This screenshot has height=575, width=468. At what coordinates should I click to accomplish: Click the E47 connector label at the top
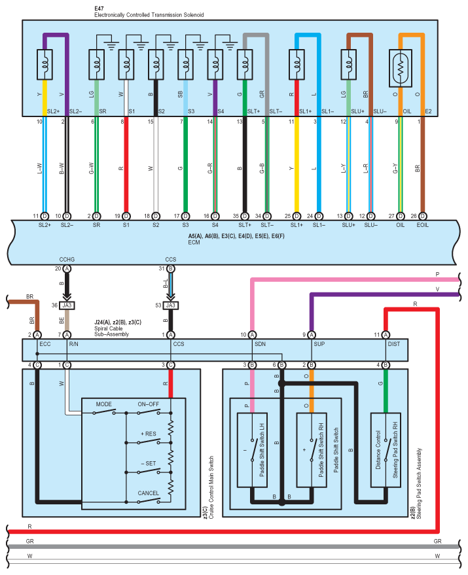click(x=99, y=8)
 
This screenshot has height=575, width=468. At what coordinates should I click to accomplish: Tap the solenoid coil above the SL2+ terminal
click(x=45, y=65)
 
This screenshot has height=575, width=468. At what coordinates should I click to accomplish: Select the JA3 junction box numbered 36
click(x=67, y=305)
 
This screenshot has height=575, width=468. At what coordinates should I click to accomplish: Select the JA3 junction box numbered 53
click(x=171, y=305)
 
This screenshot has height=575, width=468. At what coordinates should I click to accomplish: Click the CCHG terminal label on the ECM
click(x=67, y=259)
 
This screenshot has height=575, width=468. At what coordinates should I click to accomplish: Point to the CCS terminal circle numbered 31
click(x=171, y=268)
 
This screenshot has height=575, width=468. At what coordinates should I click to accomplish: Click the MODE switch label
click(x=104, y=404)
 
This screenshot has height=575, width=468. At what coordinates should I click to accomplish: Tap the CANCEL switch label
click(x=149, y=493)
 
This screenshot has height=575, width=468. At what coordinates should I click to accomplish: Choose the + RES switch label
click(x=149, y=434)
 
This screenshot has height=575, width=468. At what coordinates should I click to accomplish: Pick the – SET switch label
click(x=149, y=464)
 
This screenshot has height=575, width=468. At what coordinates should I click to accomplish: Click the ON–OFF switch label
click(x=149, y=404)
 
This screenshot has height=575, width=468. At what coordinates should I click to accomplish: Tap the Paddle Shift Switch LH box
click(x=252, y=450)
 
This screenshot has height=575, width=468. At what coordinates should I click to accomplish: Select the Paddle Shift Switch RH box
click(x=312, y=450)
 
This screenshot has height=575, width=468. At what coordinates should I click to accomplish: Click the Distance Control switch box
click(x=386, y=450)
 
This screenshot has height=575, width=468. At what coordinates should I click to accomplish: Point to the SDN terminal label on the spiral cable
click(x=261, y=344)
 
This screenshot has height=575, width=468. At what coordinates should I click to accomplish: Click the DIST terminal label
click(x=394, y=344)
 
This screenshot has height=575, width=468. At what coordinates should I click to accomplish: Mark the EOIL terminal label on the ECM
click(x=422, y=225)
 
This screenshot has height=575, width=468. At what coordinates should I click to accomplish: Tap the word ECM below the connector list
click(x=194, y=243)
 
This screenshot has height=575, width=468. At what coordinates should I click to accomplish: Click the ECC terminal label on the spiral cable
click(x=45, y=344)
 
